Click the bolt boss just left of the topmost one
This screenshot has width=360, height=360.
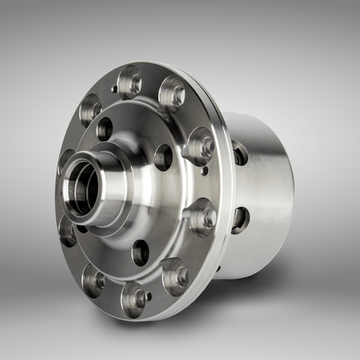(91, 108)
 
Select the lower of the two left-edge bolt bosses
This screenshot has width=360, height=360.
(67, 231)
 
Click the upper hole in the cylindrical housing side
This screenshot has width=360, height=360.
(240, 153)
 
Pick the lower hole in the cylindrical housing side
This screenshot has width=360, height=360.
(240, 219)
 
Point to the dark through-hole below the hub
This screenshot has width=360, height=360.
(140, 252)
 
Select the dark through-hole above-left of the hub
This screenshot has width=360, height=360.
(104, 128)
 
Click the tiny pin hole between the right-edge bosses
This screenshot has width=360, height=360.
(205, 170)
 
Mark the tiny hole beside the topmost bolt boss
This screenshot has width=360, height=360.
(114, 88)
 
